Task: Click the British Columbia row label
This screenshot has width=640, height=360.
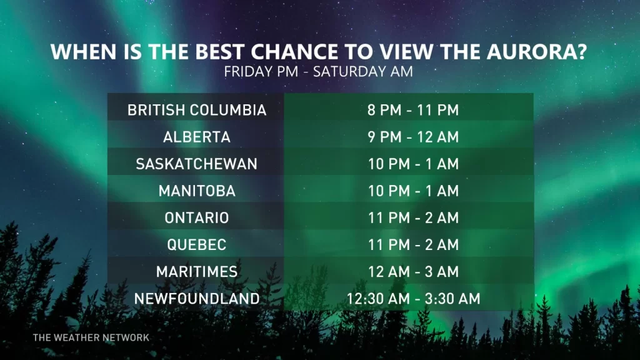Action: (x=197, y=111)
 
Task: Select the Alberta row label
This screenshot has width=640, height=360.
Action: (x=197, y=137)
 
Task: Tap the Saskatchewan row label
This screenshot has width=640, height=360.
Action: (x=197, y=164)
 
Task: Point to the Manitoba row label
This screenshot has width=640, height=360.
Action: (x=197, y=191)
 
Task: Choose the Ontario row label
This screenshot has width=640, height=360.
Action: (x=197, y=218)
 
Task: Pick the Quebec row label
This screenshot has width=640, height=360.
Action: (x=197, y=245)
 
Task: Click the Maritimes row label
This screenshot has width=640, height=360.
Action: (x=197, y=272)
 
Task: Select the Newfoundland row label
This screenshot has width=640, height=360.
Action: (x=197, y=299)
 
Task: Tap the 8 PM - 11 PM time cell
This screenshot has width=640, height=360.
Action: (x=413, y=111)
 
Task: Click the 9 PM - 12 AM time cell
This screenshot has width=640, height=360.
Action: (x=413, y=137)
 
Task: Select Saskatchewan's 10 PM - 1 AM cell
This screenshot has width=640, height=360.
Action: (x=413, y=164)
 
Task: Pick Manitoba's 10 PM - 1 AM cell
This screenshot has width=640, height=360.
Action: (x=413, y=191)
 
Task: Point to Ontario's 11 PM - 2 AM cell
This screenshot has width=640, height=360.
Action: (x=413, y=218)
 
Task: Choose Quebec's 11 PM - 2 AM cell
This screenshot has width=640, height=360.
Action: (x=413, y=245)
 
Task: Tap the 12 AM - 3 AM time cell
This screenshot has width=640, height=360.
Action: (x=413, y=272)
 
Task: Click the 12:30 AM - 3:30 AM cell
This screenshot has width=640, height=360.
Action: (x=413, y=299)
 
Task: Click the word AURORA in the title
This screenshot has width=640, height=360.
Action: (x=541, y=51)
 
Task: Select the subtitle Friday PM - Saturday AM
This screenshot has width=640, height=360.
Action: (x=319, y=71)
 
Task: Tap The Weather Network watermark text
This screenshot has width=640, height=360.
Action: (x=91, y=337)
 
